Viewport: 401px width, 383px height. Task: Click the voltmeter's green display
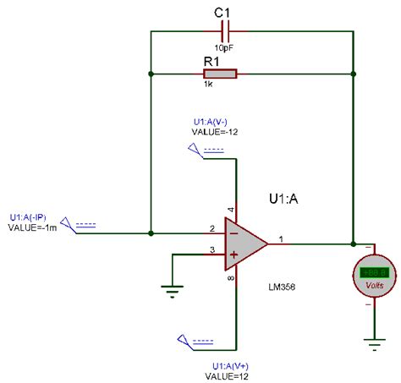(373, 273)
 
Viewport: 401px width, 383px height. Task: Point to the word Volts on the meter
(373, 285)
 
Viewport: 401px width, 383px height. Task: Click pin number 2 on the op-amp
(212, 227)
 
